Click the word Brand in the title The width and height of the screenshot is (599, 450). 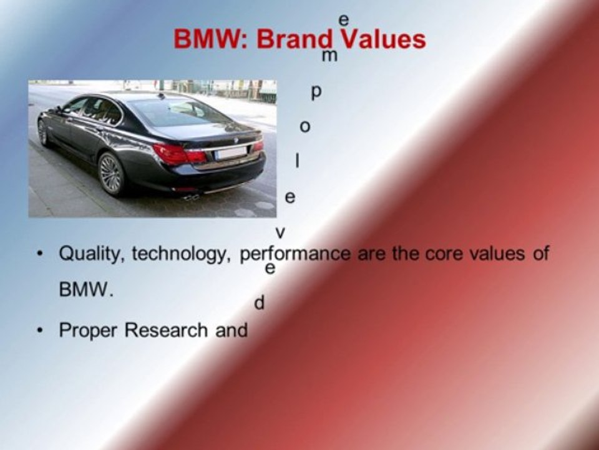click(295, 39)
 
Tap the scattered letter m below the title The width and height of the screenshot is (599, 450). click(329, 56)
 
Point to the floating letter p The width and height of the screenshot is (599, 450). click(316, 92)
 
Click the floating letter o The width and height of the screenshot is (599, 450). click(305, 126)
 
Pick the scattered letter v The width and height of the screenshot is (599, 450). click(280, 232)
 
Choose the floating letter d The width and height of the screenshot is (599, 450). click(259, 302)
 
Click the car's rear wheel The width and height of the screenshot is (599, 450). click(110, 173)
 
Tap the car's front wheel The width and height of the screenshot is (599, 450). click(43, 132)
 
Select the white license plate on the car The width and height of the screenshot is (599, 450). click(231, 152)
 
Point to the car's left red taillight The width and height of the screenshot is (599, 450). click(178, 154)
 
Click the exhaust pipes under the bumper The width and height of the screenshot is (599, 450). click(192, 197)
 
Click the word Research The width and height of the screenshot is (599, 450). click(166, 330)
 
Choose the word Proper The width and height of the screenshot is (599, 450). click(88, 331)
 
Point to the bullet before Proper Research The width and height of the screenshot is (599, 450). click(40, 330)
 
